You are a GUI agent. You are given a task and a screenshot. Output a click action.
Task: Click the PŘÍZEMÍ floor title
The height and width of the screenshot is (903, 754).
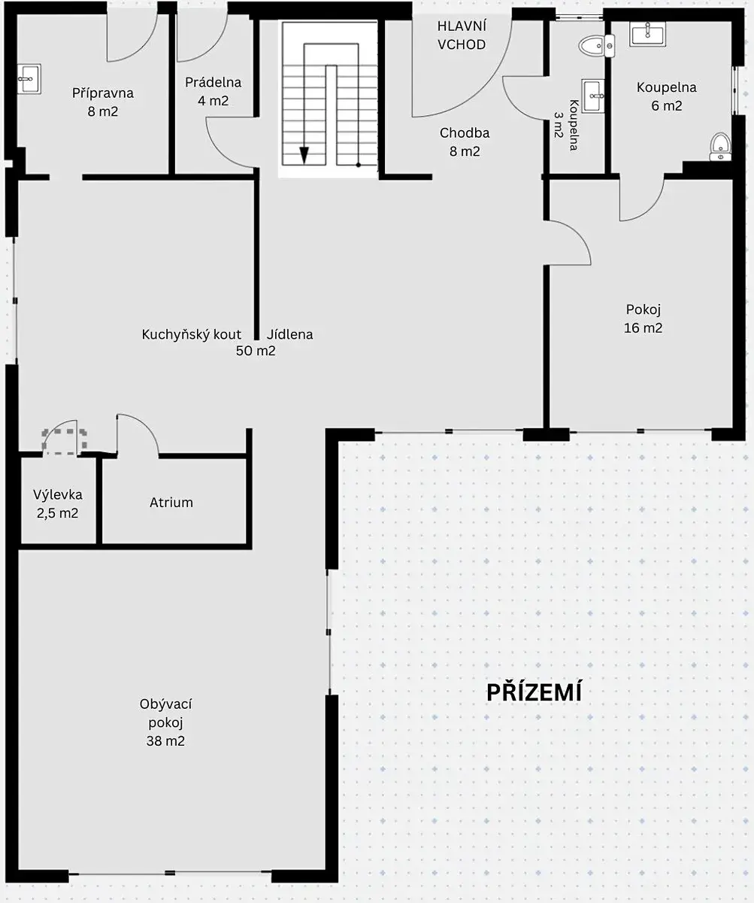click(x=534, y=692)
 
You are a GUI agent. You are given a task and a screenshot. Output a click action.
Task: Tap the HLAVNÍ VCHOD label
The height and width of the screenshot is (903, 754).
click(x=462, y=35)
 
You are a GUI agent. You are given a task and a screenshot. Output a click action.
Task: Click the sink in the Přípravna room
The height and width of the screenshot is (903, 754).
click(x=29, y=79)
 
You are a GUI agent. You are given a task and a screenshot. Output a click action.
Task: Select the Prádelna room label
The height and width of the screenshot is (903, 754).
click(x=213, y=82)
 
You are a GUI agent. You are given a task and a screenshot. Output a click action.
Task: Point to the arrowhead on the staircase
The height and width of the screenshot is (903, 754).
click(x=304, y=156)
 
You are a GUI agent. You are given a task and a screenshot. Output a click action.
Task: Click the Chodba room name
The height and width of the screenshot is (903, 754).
click(x=465, y=132)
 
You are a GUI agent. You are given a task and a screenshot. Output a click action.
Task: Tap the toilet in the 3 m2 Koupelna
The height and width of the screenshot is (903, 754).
click(x=597, y=46)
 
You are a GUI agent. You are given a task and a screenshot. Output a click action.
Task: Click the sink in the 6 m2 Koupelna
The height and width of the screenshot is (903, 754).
click(x=647, y=34)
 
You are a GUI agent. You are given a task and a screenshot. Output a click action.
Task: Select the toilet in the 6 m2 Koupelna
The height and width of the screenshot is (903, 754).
click(x=720, y=147)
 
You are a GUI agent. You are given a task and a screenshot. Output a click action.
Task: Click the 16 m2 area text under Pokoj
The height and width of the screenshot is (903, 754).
click(x=643, y=328)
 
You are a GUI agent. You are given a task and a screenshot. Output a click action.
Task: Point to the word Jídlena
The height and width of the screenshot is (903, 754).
click(x=289, y=335)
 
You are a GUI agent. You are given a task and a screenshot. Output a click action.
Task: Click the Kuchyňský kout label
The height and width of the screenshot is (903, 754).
click(x=192, y=335)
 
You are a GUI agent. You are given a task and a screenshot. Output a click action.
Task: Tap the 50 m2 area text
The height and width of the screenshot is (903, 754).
click(x=256, y=351)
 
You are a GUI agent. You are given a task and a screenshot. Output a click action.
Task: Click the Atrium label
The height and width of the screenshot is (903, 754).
click(x=171, y=503)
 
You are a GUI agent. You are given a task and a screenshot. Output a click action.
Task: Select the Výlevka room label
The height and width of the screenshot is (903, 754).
click(x=58, y=494)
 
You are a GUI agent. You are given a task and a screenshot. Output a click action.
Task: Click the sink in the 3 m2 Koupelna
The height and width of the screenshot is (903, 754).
click(x=593, y=96)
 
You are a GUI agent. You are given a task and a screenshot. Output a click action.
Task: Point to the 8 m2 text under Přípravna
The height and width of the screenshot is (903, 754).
click(x=103, y=111)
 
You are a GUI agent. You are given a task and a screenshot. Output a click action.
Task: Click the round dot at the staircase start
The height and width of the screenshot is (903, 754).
click(x=358, y=165)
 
